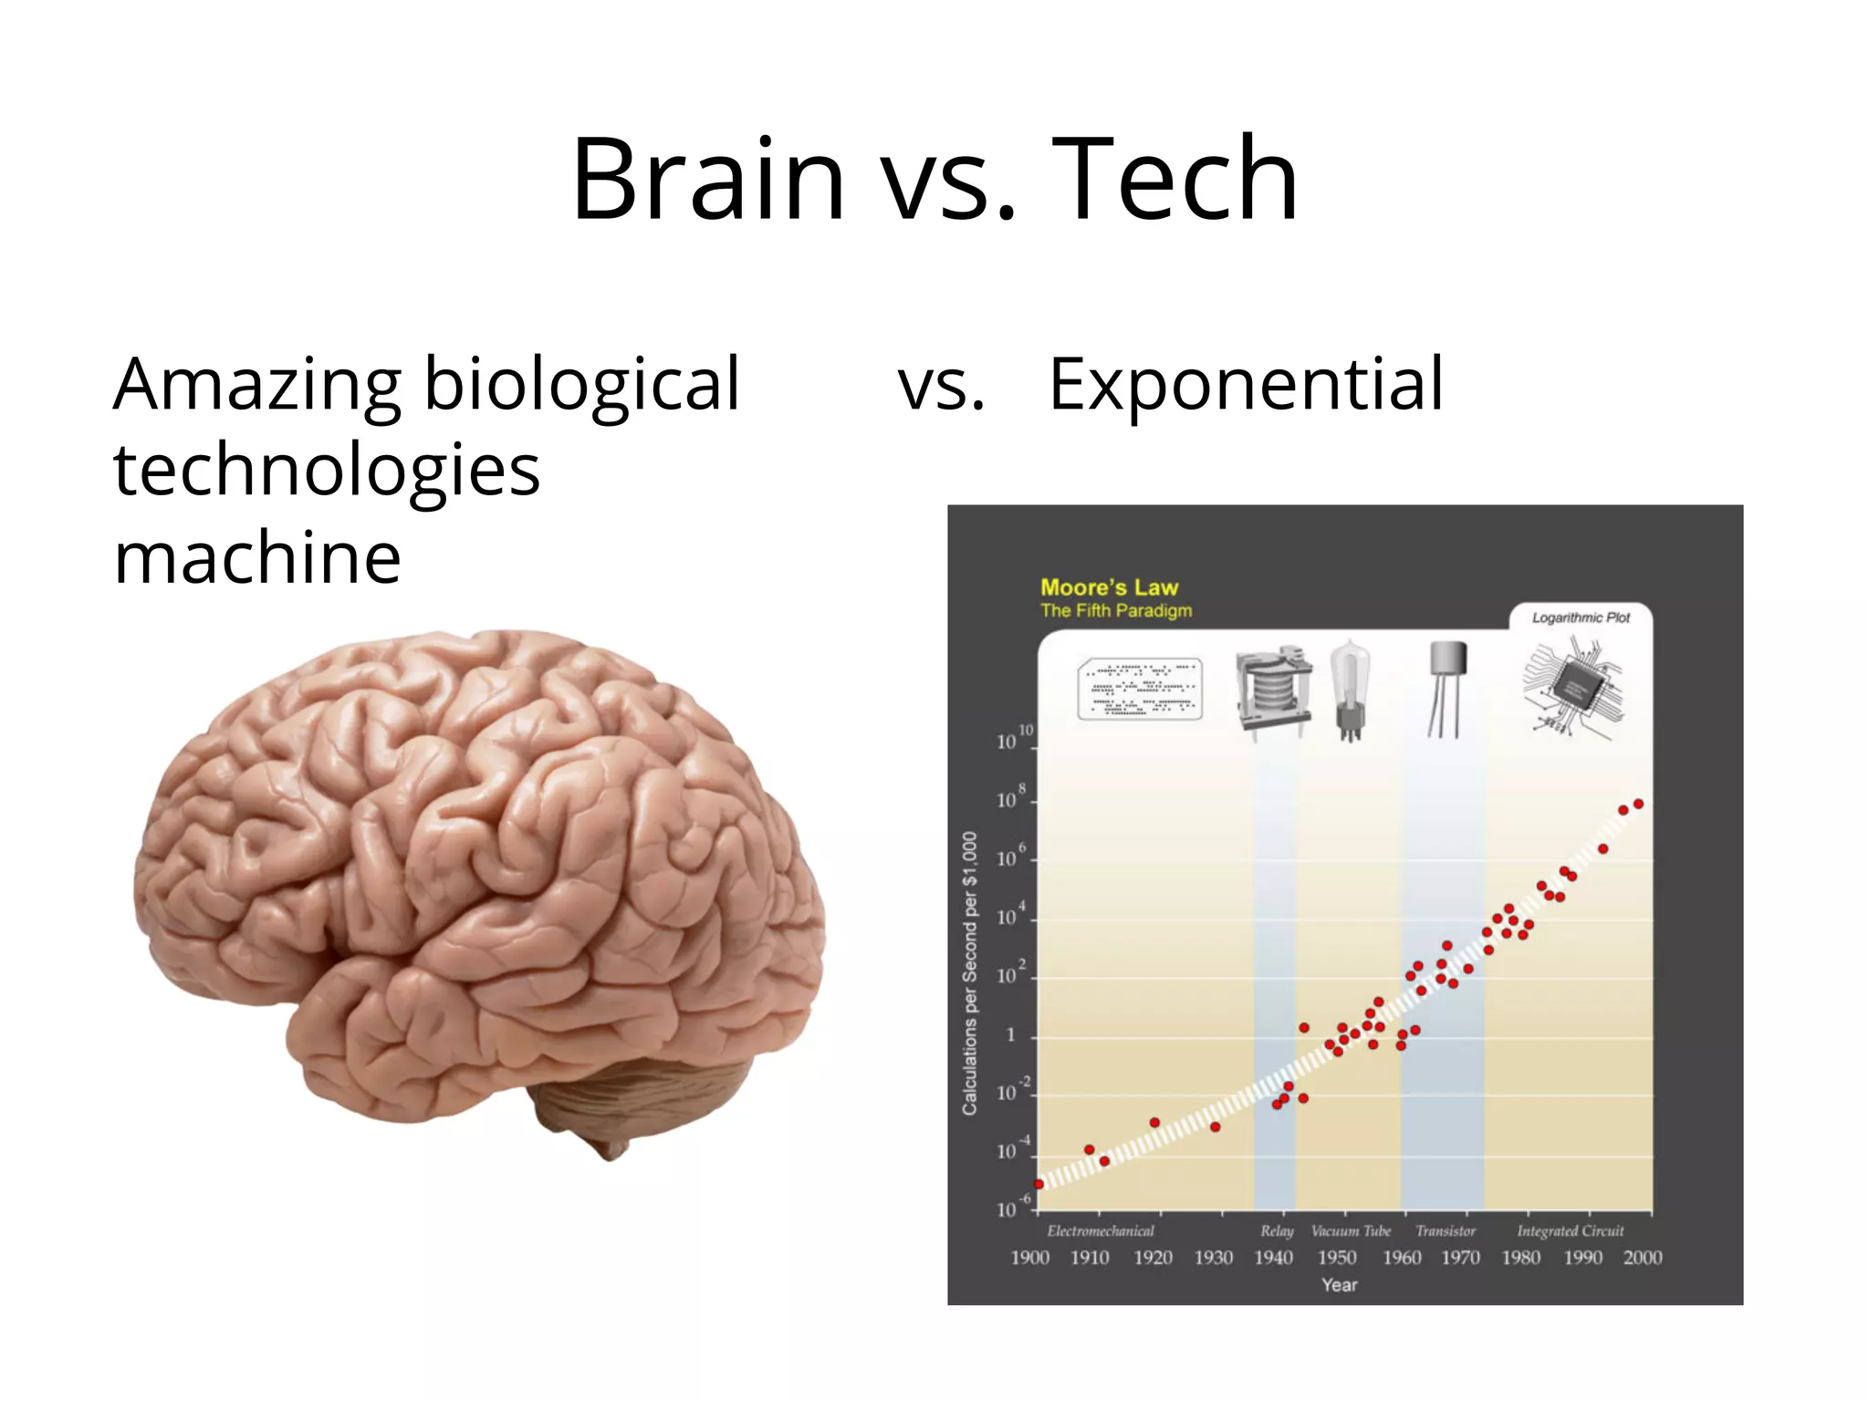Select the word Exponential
click(x=1246, y=385)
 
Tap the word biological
click(x=582, y=385)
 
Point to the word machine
click(x=257, y=556)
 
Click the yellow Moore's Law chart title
click(x=1109, y=587)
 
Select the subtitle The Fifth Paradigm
click(x=1116, y=610)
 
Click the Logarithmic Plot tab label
click(x=1581, y=617)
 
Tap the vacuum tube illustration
click(x=1350, y=690)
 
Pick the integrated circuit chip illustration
click(x=1572, y=687)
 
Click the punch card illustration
click(x=1139, y=690)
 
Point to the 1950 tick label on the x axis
click(x=1337, y=1258)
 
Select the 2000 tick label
click(x=1642, y=1258)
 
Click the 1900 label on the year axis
click(x=1029, y=1258)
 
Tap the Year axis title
click(x=1339, y=1285)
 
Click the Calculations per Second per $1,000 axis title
click(x=969, y=972)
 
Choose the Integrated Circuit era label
click(x=1570, y=1231)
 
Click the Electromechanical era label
click(x=1101, y=1231)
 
